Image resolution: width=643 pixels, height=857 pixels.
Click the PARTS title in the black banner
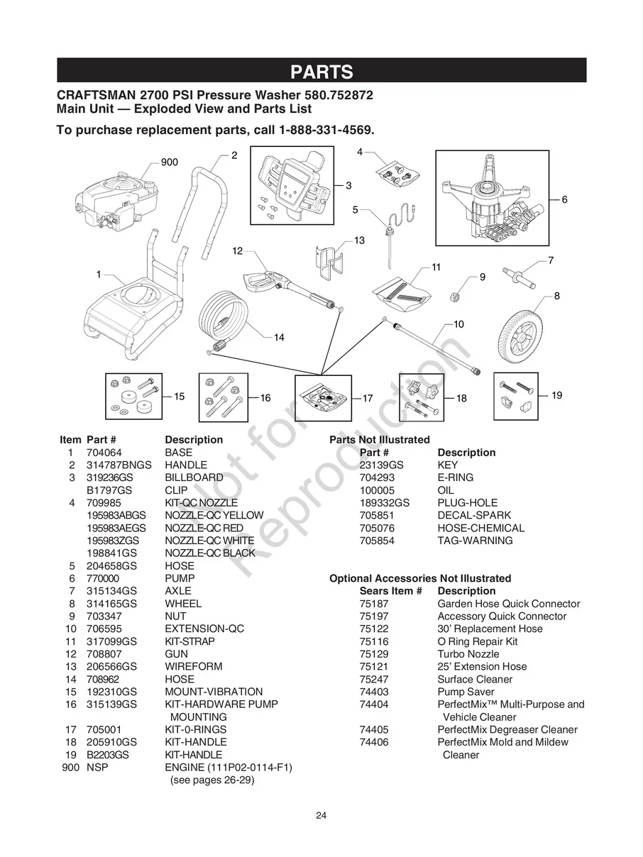[x=321, y=72]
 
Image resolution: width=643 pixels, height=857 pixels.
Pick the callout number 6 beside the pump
[x=564, y=200]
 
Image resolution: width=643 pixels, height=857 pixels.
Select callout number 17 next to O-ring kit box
[x=368, y=399]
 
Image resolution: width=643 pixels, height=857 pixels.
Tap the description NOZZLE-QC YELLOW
[x=214, y=516]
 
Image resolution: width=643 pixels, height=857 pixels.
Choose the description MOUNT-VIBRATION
[x=213, y=692]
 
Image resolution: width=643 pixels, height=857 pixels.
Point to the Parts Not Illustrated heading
[x=379, y=440]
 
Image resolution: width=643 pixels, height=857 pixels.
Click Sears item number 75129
[x=373, y=654]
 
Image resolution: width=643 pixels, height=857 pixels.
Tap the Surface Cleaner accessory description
[x=474, y=680]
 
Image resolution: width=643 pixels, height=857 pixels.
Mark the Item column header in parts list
[x=70, y=440]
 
